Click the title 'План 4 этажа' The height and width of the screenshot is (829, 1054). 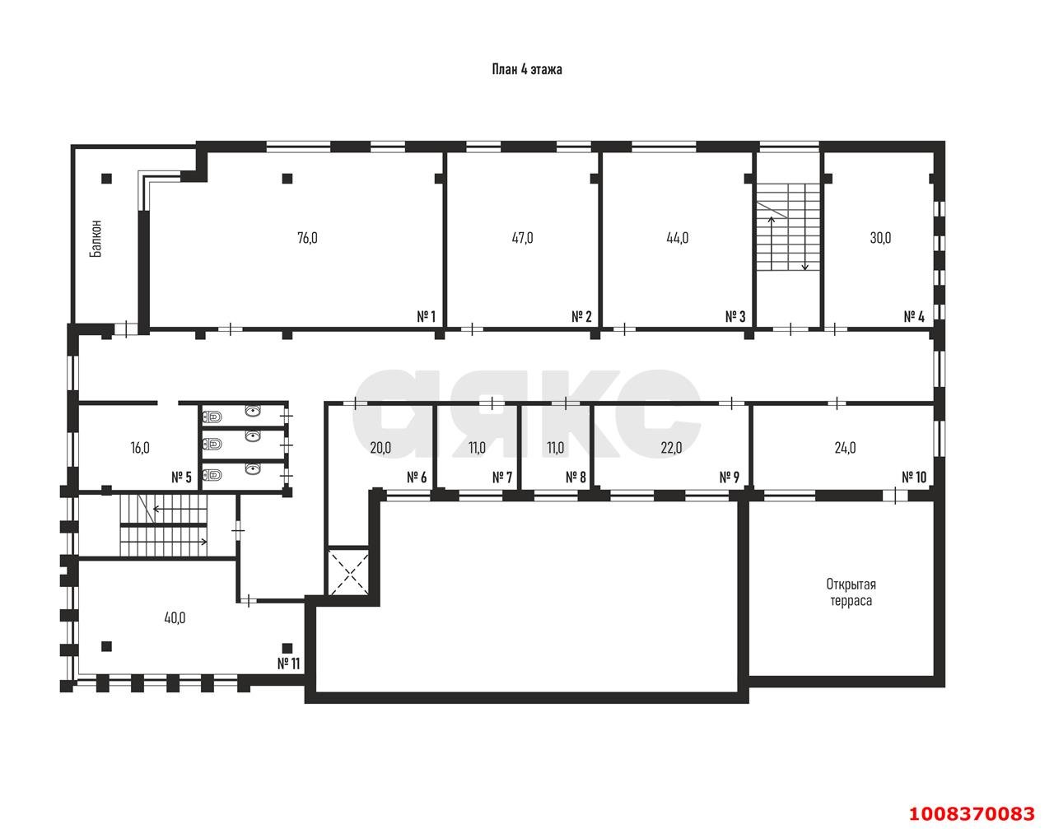click(526, 69)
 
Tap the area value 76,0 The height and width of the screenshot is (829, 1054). click(307, 238)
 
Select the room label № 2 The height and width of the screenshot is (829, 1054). click(581, 316)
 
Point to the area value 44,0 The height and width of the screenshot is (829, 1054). click(677, 238)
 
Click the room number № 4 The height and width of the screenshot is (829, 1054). click(914, 316)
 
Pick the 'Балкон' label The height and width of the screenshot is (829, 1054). click(96, 239)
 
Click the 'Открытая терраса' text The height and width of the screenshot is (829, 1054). click(851, 592)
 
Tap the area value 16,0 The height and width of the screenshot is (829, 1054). click(140, 448)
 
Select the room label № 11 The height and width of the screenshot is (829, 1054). click(288, 664)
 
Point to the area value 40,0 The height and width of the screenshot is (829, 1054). click(175, 618)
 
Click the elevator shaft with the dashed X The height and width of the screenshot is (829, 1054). click(348, 572)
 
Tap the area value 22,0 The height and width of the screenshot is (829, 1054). click(671, 448)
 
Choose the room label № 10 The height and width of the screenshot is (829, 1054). click(914, 477)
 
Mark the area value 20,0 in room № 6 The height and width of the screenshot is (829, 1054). click(380, 448)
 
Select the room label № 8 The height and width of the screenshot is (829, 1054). click(576, 477)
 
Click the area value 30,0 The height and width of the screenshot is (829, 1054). click(880, 238)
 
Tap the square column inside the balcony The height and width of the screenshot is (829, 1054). click(107, 179)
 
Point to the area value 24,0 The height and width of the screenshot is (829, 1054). click(845, 448)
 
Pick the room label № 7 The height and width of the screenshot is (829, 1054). click(502, 477)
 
